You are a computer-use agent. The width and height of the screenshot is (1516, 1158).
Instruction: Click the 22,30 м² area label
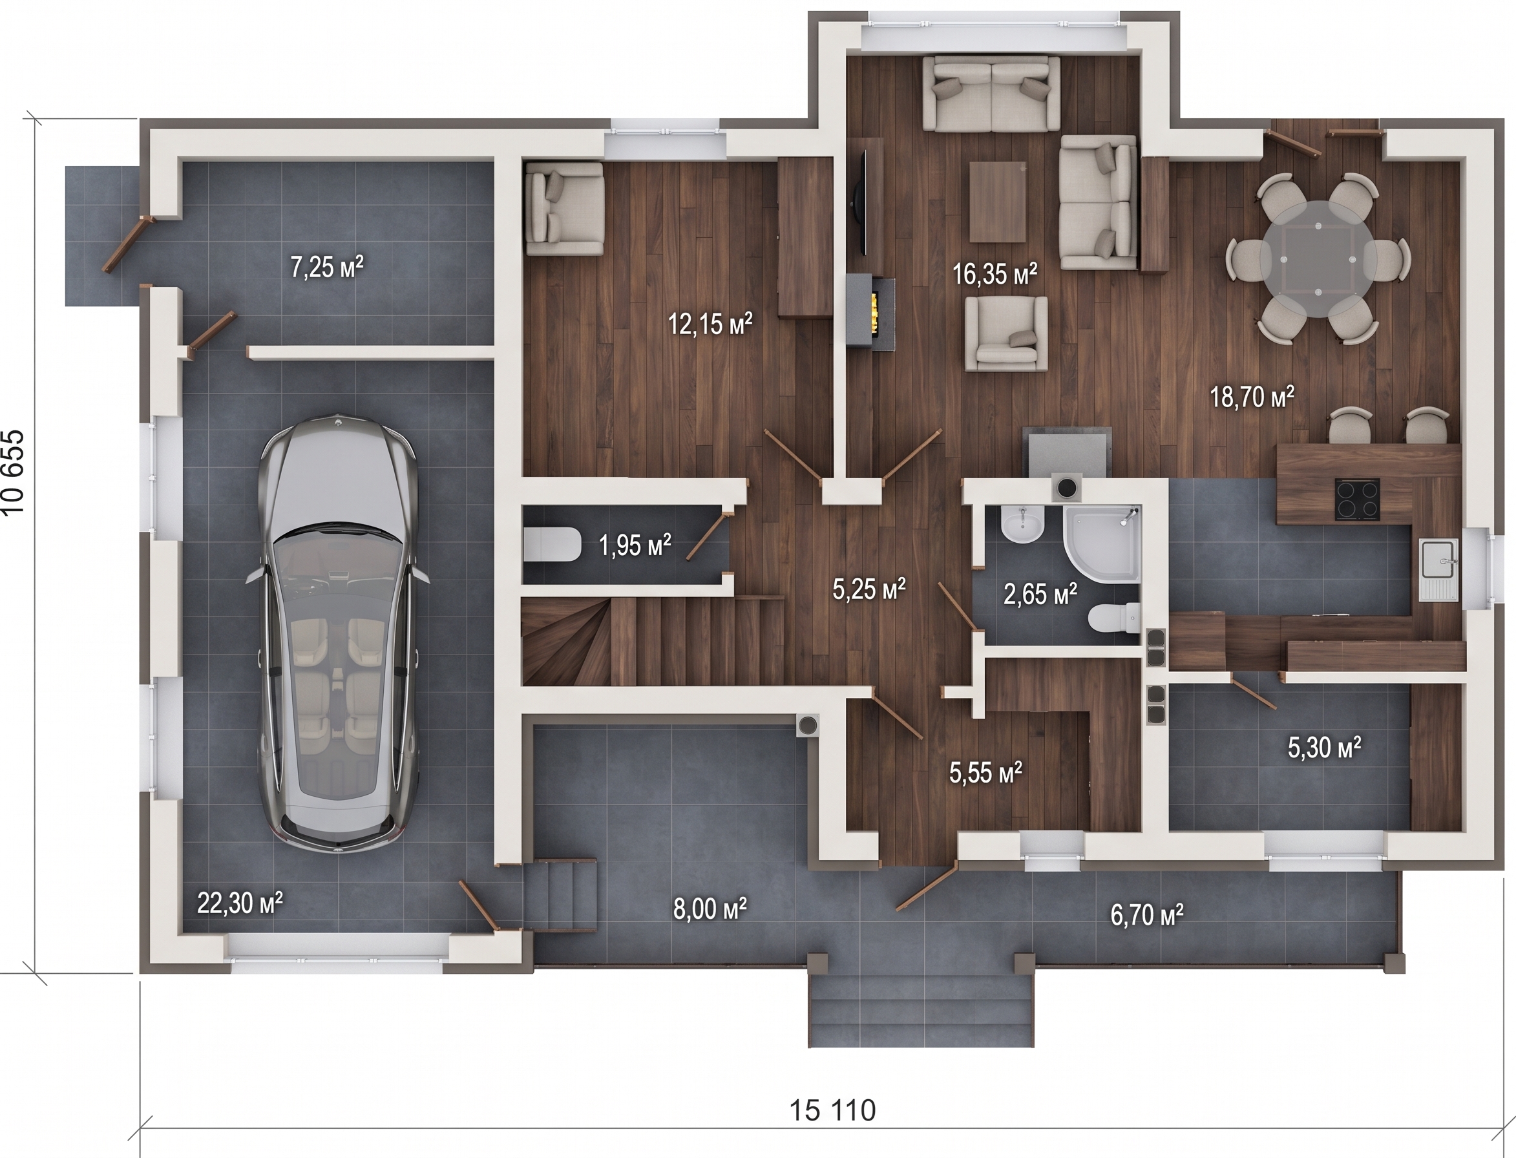pyautogui.click(x=240, y=902)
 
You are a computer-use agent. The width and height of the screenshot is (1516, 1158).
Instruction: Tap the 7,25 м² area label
pyautogui.click(x=326, y=266)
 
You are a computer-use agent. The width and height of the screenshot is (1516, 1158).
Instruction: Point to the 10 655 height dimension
pyautogui.click(x=14, y=473)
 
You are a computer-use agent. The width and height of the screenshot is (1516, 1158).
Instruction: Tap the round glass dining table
pyautogui.click(x=1318, y=258)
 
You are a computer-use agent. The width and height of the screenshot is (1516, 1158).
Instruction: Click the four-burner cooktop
pyautogui.click(x=1358, y=499)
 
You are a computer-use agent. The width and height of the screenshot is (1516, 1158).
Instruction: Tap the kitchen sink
pyautogui.click(x=1439, y=569)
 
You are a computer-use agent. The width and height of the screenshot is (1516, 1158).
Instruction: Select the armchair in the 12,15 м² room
pyautogui.click(x=564, y=209)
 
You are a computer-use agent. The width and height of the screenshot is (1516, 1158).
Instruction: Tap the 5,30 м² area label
pyautogui.click(x=1325, y=747)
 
